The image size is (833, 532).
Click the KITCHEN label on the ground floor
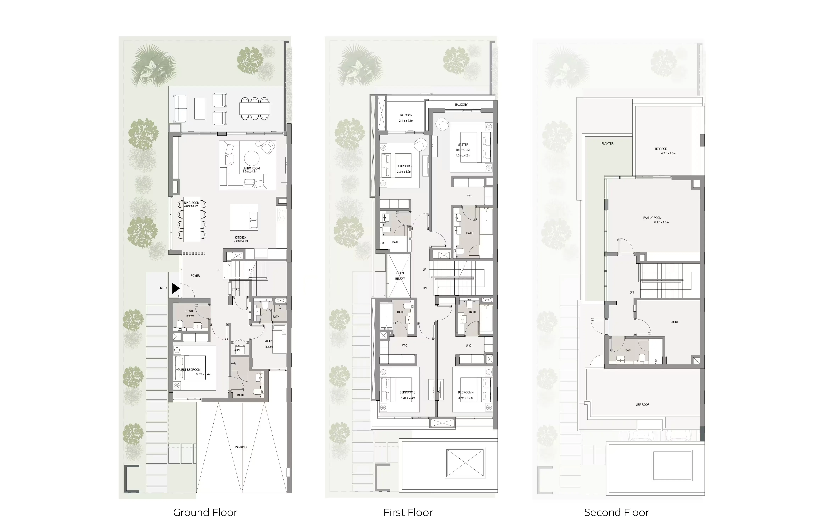(x=241, y=238)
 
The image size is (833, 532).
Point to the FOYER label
(x=195, y=276)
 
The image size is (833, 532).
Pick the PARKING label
(x=241, y=447)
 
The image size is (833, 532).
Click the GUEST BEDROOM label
(x=189, y=370)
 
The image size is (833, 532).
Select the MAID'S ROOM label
(x=269, y=344)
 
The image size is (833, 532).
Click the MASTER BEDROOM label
(x=463, y=147)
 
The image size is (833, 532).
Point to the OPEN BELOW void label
(x=400, y=276)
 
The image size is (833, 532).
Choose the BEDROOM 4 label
(x=466, y=392)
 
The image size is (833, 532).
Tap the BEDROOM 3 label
(x=407, y=392)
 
